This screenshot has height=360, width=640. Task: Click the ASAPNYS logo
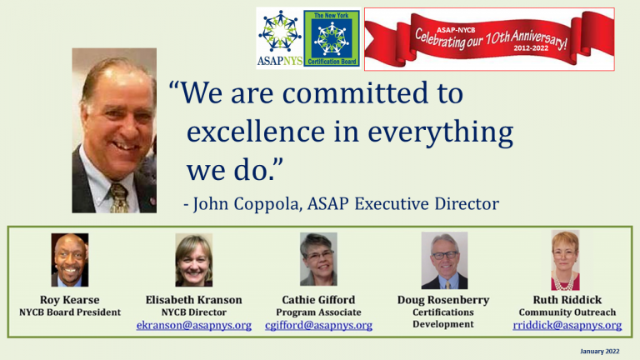click(x=280, y=38)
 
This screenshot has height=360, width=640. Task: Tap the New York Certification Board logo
click(x=332, y=38)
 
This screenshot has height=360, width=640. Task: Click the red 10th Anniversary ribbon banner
click(x=489, y=39)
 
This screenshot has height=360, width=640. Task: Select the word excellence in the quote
click(x=256, y=132)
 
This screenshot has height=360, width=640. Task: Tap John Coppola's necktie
click(x=118, y=198)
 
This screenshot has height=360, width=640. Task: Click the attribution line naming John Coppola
click(x=341, y=203)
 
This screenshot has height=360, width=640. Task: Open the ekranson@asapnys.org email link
click(x=194, y=325)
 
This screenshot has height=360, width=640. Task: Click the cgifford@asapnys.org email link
click(x=319, y=325)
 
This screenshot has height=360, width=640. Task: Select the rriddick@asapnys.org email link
click(x=567, y=325)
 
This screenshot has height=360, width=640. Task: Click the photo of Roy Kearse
click(x=70, y=260)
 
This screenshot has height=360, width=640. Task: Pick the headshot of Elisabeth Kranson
click(x=194, y=260)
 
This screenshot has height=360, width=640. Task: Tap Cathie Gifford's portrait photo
click(x=318, y=259)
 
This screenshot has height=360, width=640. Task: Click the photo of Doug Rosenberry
click(x=444, y=260)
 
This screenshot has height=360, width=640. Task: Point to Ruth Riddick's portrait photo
click(x=565, y=260)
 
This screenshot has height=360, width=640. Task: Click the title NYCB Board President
click(x=70, y=312)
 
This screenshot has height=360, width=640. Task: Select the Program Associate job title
click(x=319, y=312)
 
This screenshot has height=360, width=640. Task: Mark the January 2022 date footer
click(x=600, y=351)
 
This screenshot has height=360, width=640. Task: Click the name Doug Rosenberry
click(x=443, y=300)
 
